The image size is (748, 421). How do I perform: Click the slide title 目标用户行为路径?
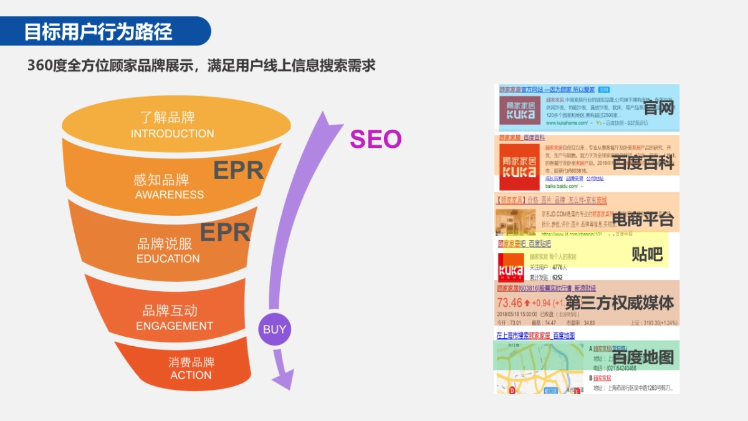(x=98, y=32)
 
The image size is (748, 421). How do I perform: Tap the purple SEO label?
(x=375, y=138)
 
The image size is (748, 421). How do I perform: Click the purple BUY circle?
(x=274, y=329)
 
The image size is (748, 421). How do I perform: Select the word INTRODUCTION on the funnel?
(x=172, y=133)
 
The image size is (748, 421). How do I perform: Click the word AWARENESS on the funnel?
(x=170, y=195)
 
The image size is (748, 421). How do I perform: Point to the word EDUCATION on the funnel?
(x=168, y=259)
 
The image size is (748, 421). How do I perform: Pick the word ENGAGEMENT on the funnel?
(x=175, y=326)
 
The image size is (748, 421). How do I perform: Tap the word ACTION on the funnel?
(x=191, y=375)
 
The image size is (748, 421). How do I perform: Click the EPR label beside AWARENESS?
(x=239, y=170)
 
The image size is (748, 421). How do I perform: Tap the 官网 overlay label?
(x=659, y=109)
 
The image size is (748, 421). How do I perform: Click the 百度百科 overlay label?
(x=643, y=163)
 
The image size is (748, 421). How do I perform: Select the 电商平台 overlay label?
(x=643, y=219)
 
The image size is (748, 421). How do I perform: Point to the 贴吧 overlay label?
(x=646, y=254)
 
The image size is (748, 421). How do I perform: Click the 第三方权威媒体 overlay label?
(x=619, y=303)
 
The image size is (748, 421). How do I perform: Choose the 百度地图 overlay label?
(x=643, y=357)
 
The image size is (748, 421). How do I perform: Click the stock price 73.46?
(x=509, y=303)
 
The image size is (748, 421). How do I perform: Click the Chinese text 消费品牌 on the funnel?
(x=191, y=362)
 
